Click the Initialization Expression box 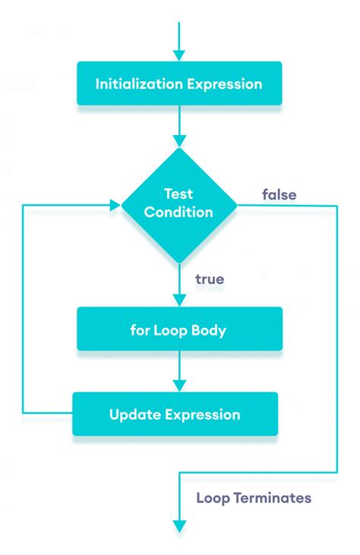[179, 84]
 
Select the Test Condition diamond [179, 203]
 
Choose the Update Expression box [175, 414]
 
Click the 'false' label [279, 194]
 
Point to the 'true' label [209, 279]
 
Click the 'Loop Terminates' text [253, 498]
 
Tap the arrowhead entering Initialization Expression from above [179, 55]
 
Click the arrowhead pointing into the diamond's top [179, 140]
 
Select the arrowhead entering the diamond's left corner [115, 204]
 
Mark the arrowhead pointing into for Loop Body [179, 300]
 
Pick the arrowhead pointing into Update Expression [179, 385]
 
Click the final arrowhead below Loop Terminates [179, 525]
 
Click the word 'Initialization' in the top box [137, 84]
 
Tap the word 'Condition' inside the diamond [179, 213]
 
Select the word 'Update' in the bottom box [133, 415]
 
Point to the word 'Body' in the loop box [210, 330]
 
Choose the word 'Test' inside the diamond [179, 194]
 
